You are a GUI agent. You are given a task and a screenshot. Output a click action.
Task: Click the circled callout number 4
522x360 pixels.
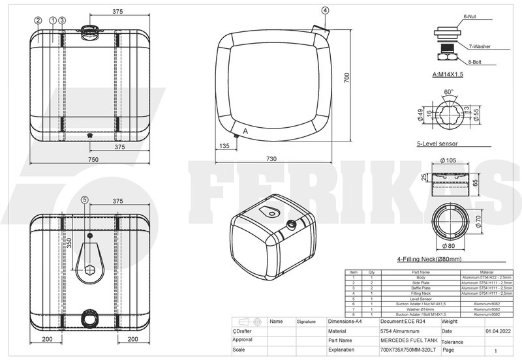326,10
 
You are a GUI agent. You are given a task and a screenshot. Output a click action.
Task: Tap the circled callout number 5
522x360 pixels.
85,200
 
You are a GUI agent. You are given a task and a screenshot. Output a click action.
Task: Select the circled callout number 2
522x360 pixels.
38,21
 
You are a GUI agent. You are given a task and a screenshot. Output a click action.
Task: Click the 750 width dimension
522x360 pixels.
93,160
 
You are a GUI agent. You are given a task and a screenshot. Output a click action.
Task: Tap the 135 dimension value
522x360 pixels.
224,147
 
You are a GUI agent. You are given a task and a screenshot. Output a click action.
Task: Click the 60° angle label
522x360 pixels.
448,92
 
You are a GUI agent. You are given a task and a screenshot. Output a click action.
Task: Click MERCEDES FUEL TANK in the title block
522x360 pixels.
410,340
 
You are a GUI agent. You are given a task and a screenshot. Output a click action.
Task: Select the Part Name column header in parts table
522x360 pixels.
420,272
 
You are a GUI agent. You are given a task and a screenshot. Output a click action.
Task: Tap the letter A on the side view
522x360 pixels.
245,131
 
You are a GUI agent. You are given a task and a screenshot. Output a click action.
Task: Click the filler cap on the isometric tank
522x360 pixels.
290,225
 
